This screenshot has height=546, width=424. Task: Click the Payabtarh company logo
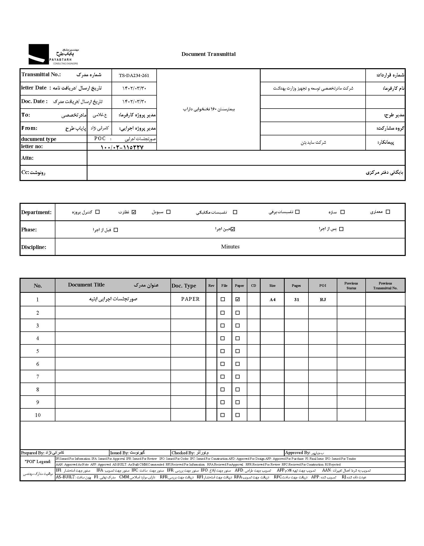pyautogui.click(x=53, y=54)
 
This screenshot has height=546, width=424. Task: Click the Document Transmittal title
pyautogui.click(x=208, y=54)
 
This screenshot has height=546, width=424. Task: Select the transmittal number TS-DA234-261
pyautogui.click(x=134, y=75)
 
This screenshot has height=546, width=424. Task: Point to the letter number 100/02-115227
pyautogui.click(x=122, y=147)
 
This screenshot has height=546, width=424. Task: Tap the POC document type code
pyautogui.click(x=100, y=139)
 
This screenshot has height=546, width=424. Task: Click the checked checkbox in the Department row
pyautogui.click(x=134, y=212)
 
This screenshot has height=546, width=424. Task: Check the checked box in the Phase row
pyautogui.click(x=233, y=229)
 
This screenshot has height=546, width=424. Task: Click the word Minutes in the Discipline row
pyautogui.click(x=230, y=247)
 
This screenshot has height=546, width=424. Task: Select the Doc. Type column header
pyautogui.click(x=184, y=286)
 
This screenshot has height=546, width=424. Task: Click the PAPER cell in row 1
pyautogui.click(x=190, y=299)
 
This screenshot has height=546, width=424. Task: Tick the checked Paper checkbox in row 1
pyautogui.click(x=238, y=299)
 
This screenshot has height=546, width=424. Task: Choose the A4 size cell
pyautogui.click(x=272, y=300)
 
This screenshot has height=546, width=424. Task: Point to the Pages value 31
pyautogui.click(x=296, y=300)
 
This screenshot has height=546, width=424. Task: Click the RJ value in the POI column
pyautogui.click(x=323, y=300)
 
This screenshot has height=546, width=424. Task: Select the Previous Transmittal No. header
pyautogui.click(x=385, y=286)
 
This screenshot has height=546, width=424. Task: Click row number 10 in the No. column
pyautogui.click(x=38, y=415)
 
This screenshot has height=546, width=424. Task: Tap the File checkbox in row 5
pyautogui.click(x=223, y=351)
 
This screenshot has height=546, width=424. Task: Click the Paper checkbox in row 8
pyautogui.click(x=238, y=390)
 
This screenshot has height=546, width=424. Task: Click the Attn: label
pyautogui.click(x=27, y=158)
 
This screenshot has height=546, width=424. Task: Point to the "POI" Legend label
pyautogui.click(x=38, y=462)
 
